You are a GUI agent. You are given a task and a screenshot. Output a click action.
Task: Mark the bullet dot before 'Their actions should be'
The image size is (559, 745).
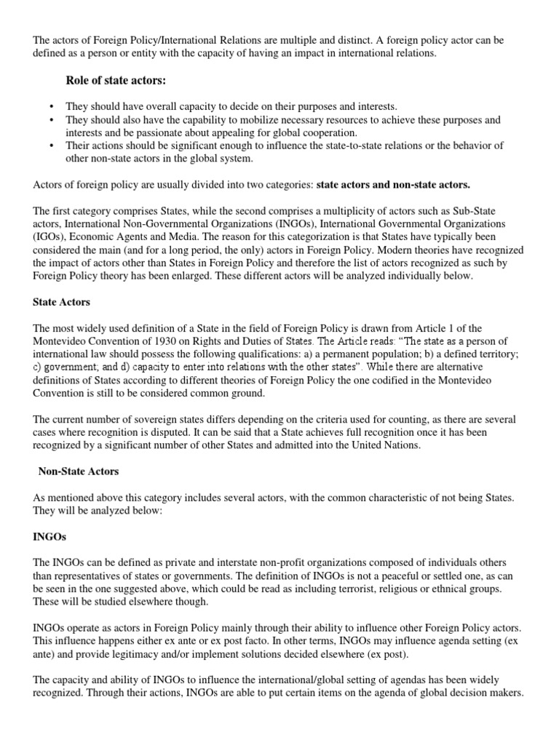point(52,146)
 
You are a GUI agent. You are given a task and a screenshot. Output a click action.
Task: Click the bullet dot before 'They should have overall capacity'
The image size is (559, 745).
point(52,106)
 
